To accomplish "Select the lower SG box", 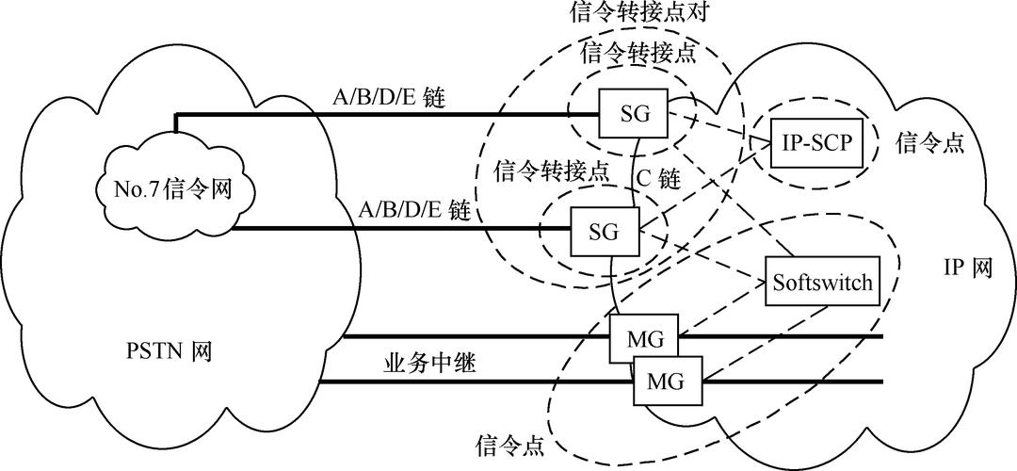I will coord(605,230).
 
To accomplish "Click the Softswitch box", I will coord(823,282).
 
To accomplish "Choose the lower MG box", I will coord(665,382).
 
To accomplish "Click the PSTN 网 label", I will coord(169,353).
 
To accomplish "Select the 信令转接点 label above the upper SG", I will coord(639,52).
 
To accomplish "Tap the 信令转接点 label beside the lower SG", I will coord(552,171).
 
